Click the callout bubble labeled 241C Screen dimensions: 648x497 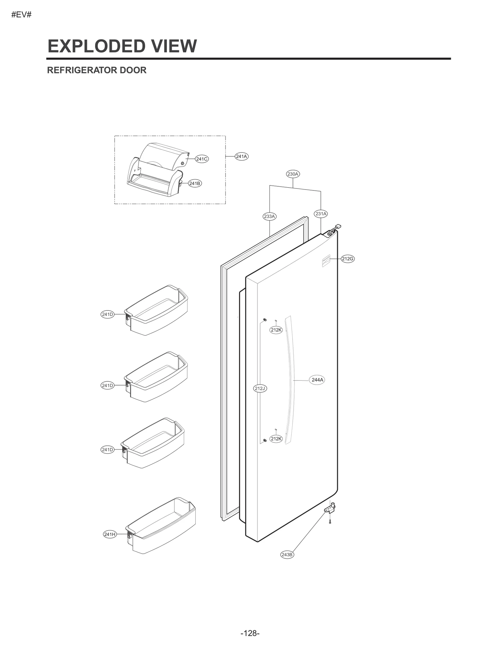(x=202, y=159)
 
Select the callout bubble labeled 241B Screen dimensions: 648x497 (x=195, y=184)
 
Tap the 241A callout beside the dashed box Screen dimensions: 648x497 (x=241, y=156)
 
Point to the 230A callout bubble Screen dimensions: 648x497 (x=293, y=174)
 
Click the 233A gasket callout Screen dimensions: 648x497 (x=269, y=217)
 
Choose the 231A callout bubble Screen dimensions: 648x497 (x=321, y=214)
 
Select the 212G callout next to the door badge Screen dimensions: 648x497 (x=348, y=259)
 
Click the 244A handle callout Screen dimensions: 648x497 (x=317, y=380)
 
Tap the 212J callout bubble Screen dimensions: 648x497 (x=260, y=389)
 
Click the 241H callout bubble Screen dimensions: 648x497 (x=110, y=534)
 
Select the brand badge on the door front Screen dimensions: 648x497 (x=326, y=260)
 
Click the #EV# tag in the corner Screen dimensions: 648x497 (x=21, y=15)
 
